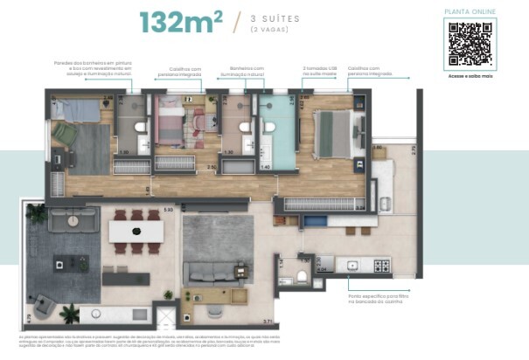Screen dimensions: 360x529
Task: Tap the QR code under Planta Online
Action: (x=471, y=44)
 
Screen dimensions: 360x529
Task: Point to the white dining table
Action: (x=136, y=231)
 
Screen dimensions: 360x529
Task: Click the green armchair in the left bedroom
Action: (x=65, y=133)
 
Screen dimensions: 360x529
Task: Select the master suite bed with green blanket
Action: (x=331, y=133)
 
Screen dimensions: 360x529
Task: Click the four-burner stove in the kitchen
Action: (x=381, y=265)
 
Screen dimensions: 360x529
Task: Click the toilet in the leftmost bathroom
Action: (x=140, y=128)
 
